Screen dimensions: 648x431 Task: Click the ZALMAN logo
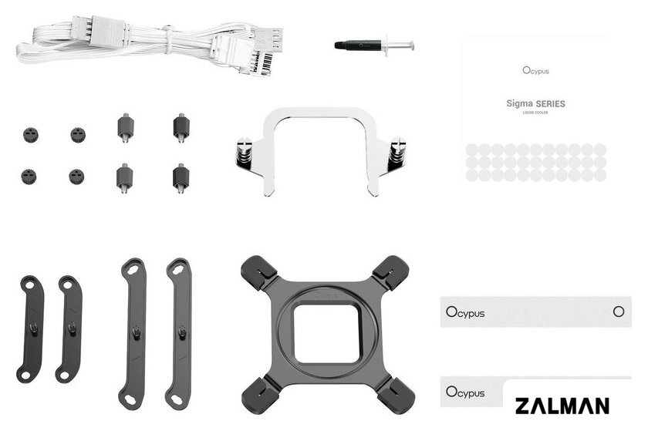562,406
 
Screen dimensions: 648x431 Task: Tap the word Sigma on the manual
519,103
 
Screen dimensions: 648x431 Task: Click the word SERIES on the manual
551,104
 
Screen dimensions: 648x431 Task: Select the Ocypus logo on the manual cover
536,71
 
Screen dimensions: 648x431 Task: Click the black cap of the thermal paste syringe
358,45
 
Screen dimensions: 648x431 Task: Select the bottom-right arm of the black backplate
396,394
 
